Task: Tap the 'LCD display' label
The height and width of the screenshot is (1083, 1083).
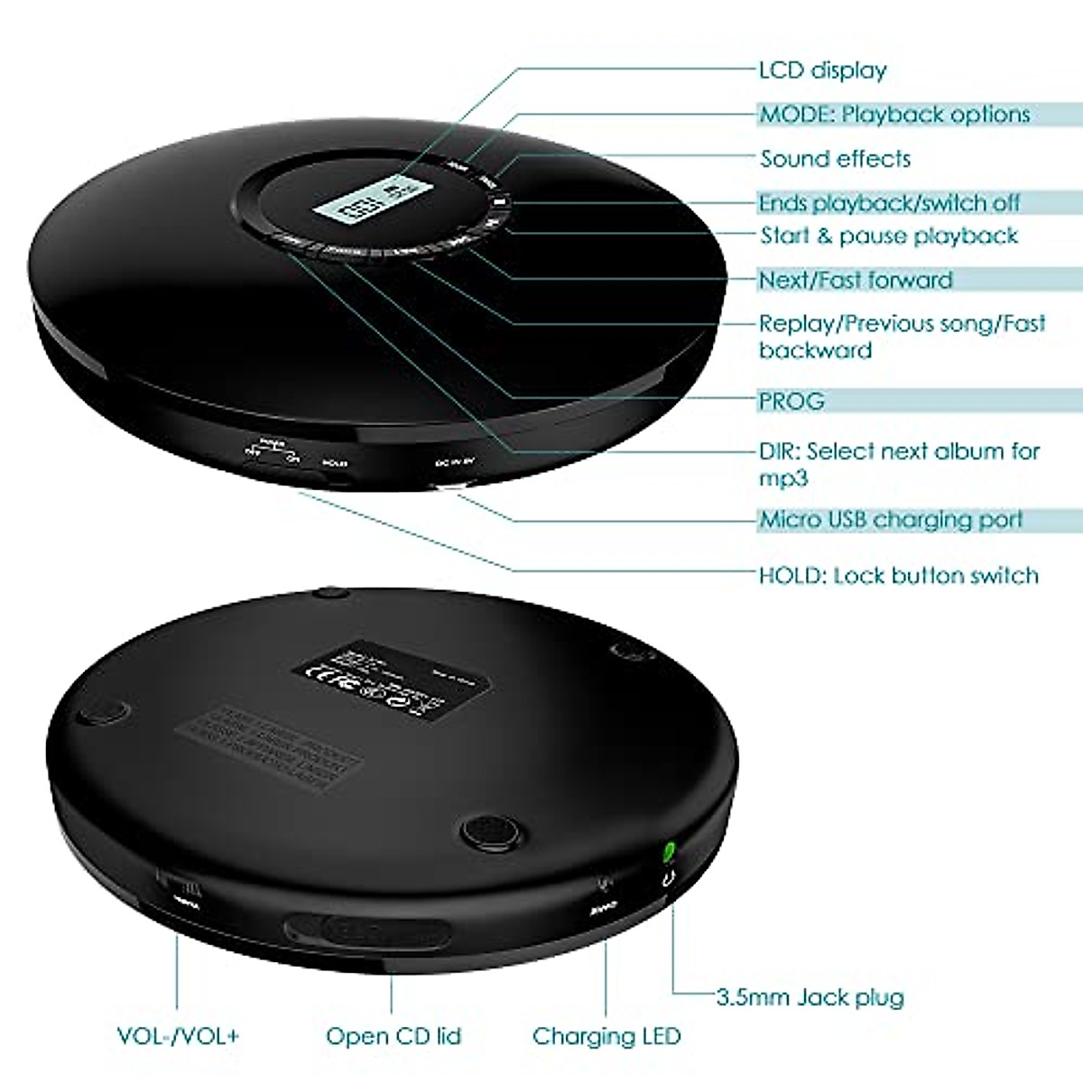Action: pos(822,70)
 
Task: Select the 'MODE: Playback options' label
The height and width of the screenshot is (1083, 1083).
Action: pos(893,115)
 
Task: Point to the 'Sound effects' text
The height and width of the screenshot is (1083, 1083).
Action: pos(835,159)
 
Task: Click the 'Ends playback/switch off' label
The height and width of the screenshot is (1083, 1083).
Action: pos(889,203)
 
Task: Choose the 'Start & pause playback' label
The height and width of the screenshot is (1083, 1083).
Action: pos(889,236)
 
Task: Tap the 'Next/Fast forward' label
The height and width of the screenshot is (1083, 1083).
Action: pos(855,280)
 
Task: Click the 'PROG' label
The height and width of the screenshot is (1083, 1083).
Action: pos(791,401)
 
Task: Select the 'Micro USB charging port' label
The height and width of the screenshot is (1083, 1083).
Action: pos(891,520)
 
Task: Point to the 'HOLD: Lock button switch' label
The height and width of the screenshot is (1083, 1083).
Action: pos(898,576)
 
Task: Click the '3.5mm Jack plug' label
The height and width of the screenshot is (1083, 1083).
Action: pos(810,997)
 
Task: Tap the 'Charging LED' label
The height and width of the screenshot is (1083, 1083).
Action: pos(606,1036)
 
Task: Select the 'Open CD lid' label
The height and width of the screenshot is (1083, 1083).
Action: pos(393,1036)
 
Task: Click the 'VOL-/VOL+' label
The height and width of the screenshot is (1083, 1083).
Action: pos(178,1036)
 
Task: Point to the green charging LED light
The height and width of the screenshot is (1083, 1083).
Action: pos(669,851)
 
